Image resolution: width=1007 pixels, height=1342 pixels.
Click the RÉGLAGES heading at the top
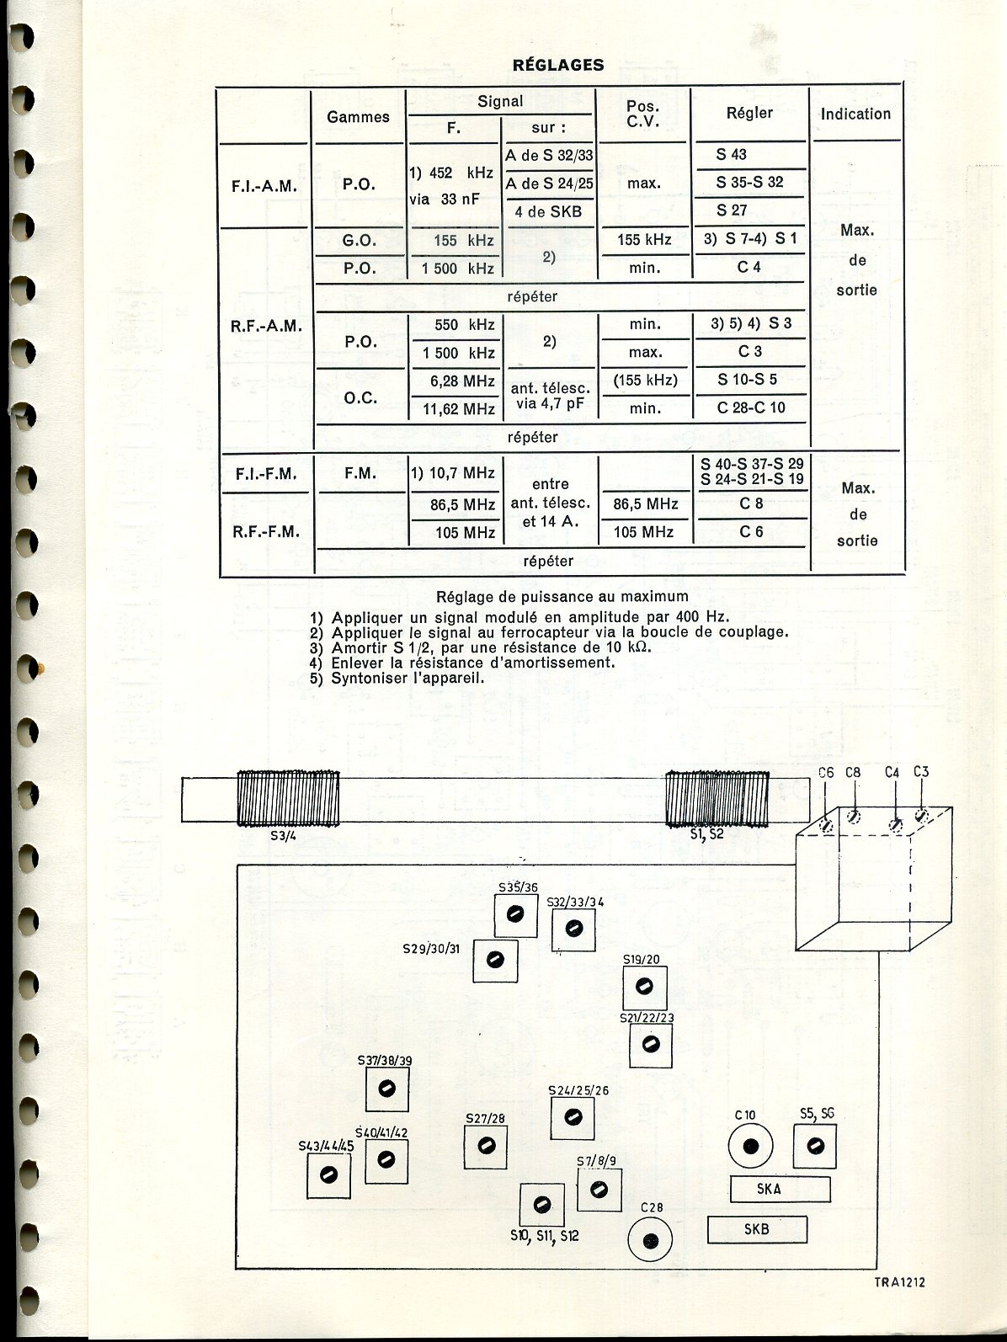tap(558, 65)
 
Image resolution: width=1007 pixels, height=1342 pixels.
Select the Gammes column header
tap(358, 117)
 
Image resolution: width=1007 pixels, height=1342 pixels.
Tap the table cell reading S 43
tap(731, 154)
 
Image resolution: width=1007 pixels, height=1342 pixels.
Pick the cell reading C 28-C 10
tap(750, 408)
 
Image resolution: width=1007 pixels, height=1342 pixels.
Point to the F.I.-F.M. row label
tap(266, 474)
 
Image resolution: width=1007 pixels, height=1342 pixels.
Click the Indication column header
tap(855, 114)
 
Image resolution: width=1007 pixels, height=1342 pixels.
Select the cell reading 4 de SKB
tap(548, 211)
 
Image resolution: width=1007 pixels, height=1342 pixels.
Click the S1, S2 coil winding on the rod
tap(718, 798)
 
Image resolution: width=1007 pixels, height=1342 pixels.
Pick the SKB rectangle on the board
tap(757, 1229)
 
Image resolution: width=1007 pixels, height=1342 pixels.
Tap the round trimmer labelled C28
tap(649, 1241)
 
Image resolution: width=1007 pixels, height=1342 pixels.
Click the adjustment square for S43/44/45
tap(329, 1174)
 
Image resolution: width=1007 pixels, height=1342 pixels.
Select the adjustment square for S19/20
tap(644, 986)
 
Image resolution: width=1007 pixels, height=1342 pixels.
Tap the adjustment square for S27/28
tap(485, 1146)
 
